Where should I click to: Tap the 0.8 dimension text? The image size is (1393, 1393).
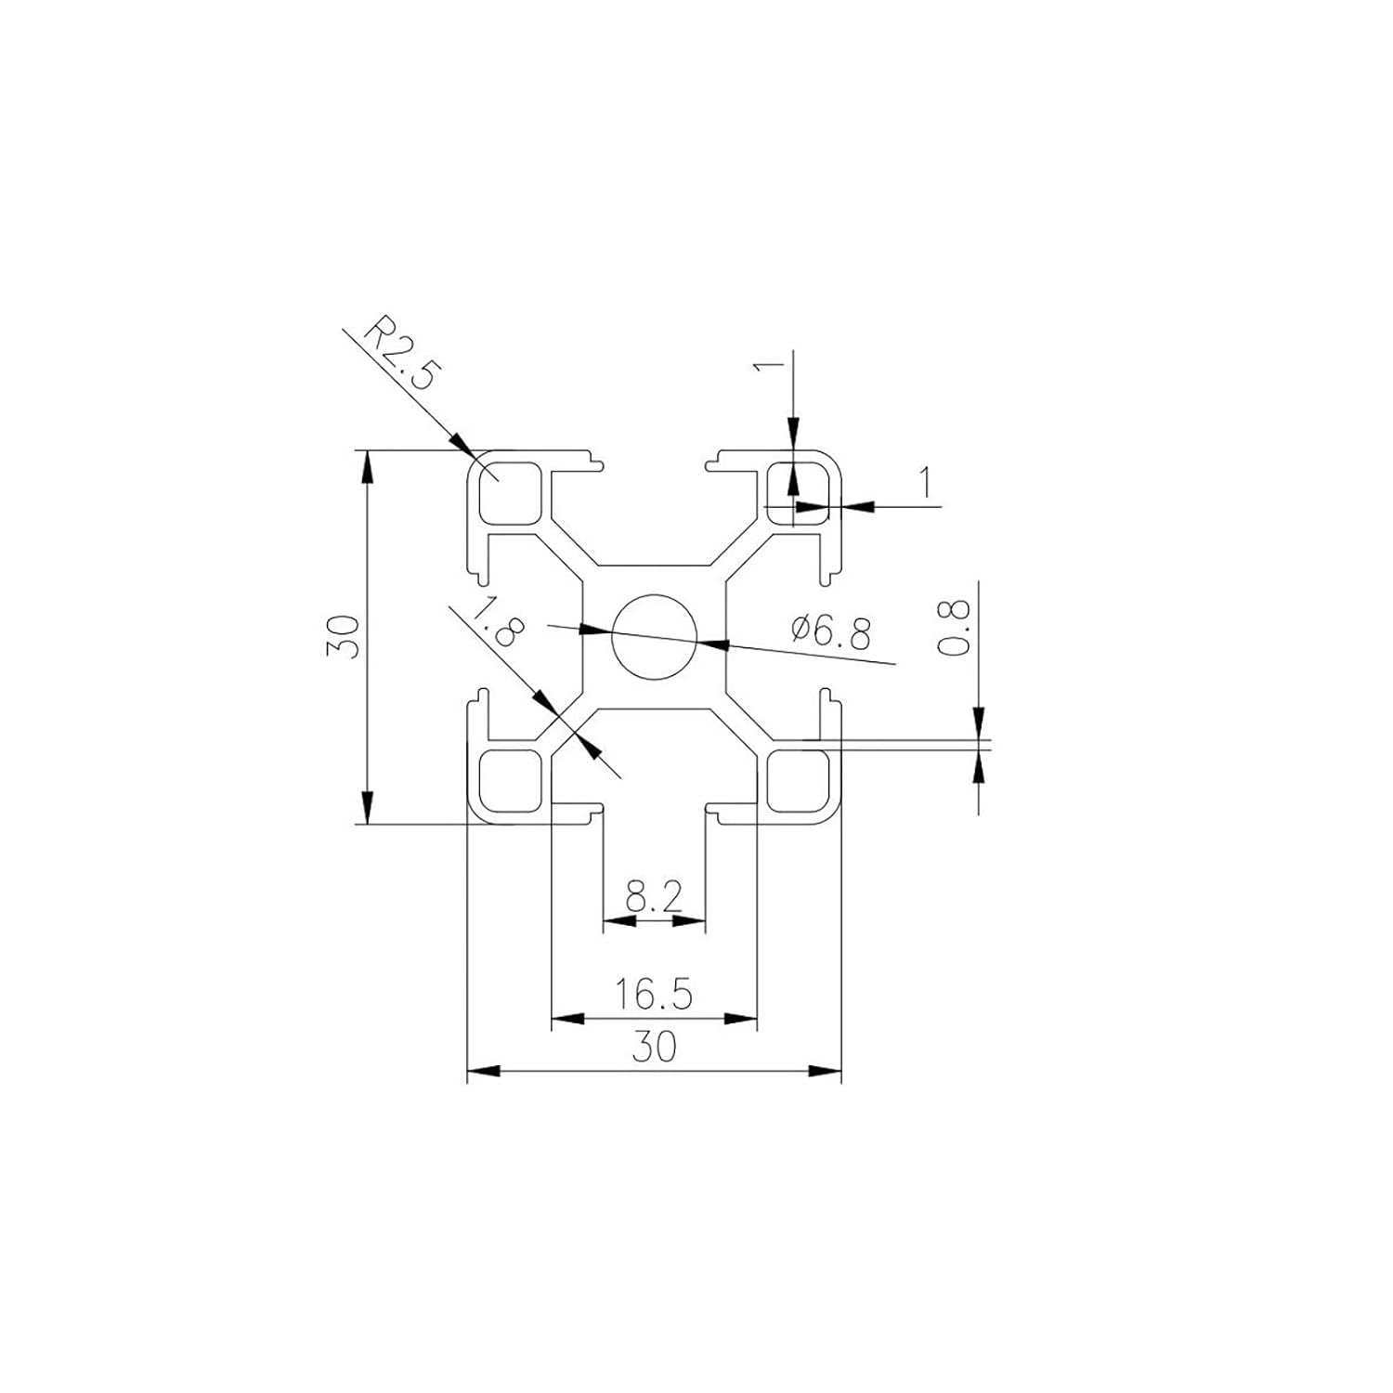pos(956,628)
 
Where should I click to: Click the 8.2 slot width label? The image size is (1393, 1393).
pos(654,897)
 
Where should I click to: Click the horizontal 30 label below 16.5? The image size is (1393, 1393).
pos(654,1048)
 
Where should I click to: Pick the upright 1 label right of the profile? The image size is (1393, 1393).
pos(925,484)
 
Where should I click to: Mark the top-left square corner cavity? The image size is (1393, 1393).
pos(509,491)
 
